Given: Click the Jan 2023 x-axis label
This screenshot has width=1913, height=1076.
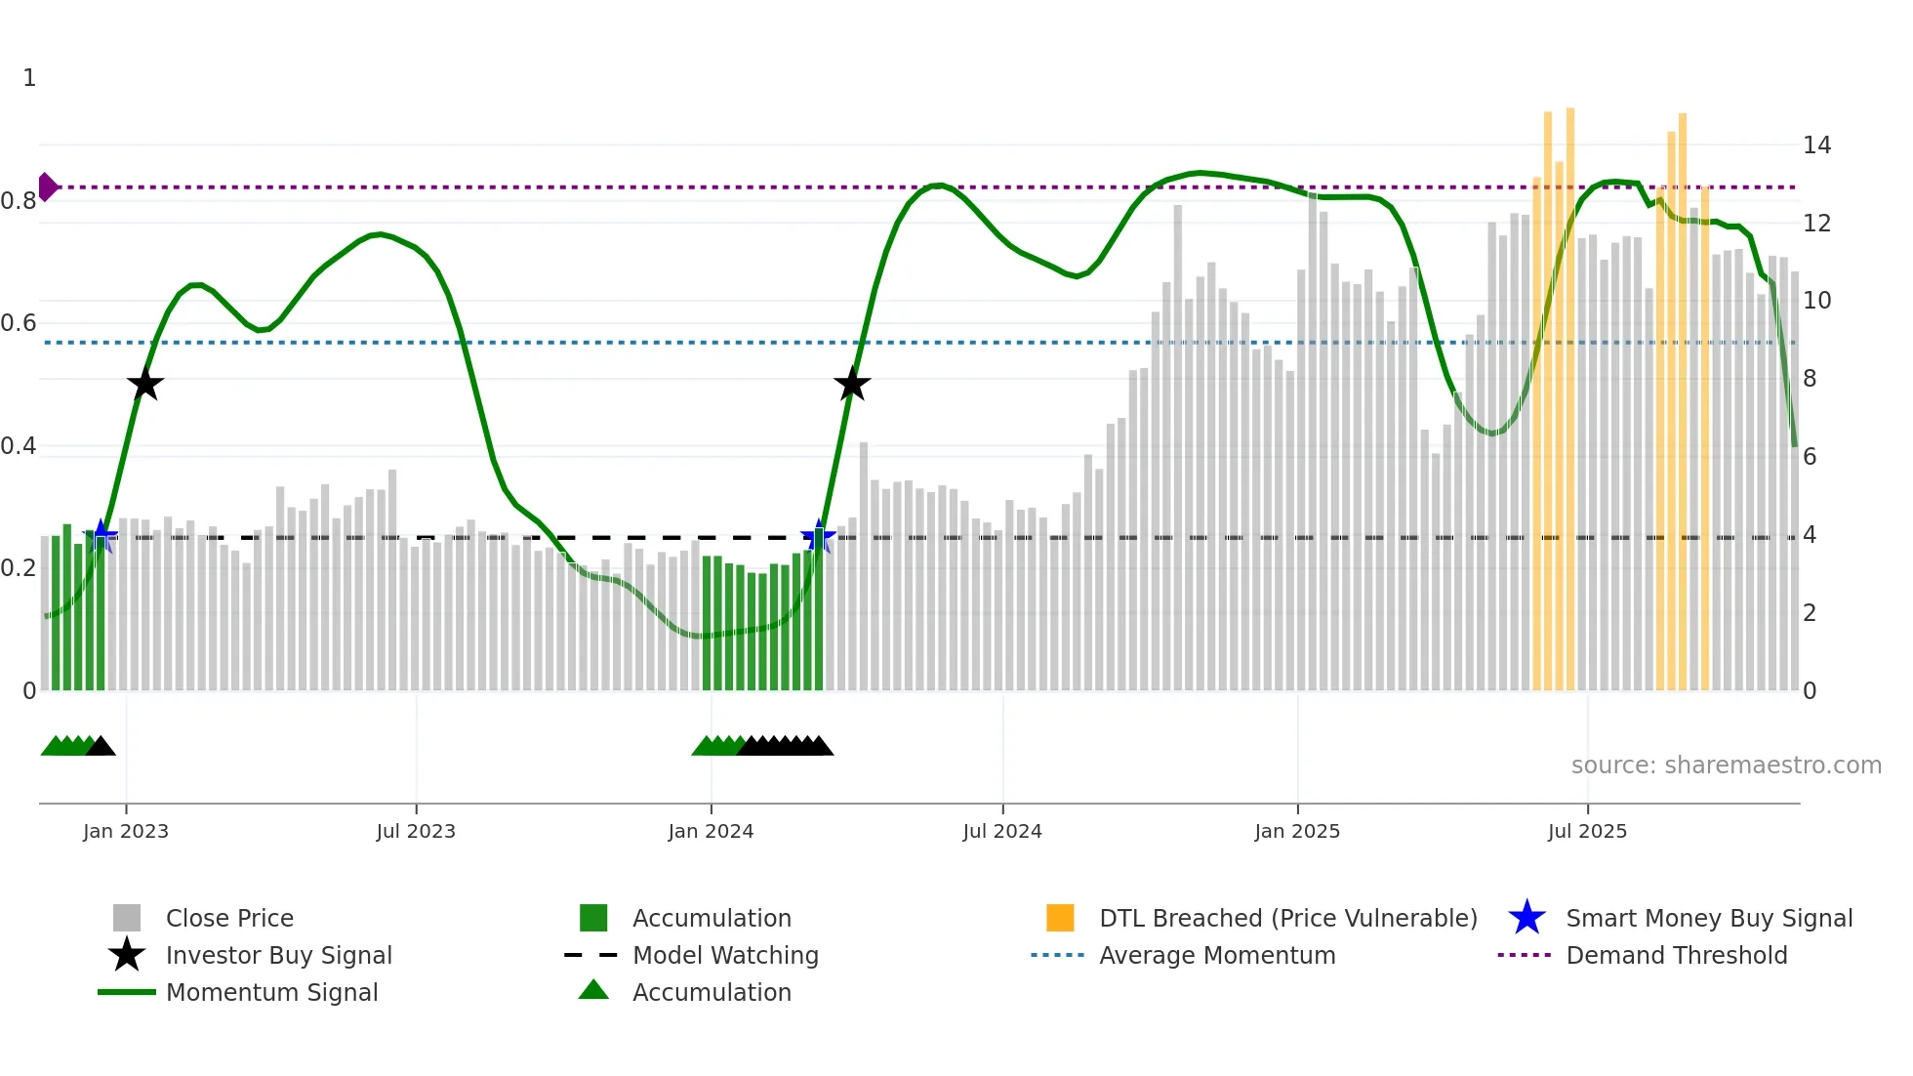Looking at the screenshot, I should click(125, 831).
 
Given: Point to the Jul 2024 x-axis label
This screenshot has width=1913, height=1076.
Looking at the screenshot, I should click(1002, 831).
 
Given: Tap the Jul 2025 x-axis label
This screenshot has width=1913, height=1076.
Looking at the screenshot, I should click(1587, 831).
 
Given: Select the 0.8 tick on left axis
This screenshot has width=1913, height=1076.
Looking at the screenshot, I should click(20, 201).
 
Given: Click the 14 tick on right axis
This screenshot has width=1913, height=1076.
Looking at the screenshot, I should click(1816, 145).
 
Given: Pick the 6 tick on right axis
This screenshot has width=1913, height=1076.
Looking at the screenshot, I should click(1810, 457).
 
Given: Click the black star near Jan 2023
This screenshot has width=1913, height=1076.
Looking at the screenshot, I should click(145, 385).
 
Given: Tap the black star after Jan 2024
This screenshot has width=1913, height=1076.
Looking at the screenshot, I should click(852, 385).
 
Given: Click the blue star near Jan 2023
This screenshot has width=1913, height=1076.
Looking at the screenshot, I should click(101, 536).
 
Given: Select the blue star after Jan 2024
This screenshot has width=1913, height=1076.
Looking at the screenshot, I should click(818, 536).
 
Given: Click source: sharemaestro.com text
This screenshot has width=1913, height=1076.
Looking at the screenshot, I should click(1726, 766).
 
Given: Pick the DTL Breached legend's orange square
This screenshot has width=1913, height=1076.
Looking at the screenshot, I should click(1060, 918).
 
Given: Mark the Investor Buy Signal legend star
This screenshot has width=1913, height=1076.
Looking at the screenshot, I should click(127, 955).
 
